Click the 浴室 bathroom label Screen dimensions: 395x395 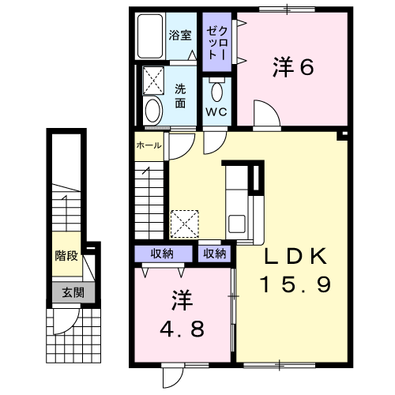point(180,36)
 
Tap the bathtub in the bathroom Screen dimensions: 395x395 point(150,36)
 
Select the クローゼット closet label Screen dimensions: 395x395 point(217,43)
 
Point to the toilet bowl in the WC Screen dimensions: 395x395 point(217,92)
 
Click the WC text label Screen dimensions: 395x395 point(216,112)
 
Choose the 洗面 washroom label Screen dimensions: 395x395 point(180,96)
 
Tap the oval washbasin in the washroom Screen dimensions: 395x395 point(152,111)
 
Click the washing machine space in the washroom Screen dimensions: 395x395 point(153,81)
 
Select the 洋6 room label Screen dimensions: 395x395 point(293,67)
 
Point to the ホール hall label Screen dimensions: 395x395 point(149,145)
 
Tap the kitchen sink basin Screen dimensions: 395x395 point(237,224)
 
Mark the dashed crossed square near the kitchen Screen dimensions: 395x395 point(185,224)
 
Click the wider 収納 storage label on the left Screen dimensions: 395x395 point(162,254)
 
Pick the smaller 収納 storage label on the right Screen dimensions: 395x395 point(215,254)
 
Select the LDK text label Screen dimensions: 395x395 point(295,256)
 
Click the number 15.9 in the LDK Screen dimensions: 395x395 point(295,284)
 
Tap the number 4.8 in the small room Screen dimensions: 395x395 point(182,329)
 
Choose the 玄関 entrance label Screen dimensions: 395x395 point(73,292)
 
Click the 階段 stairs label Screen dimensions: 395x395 point(66,255)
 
